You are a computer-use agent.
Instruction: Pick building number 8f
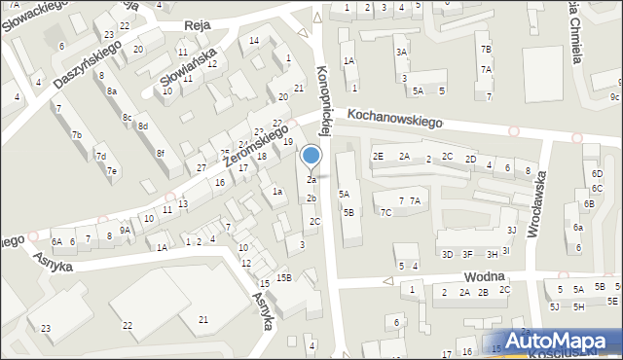point(162,154)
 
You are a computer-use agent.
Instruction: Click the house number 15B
point(283,277)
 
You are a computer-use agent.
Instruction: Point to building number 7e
point(112,171)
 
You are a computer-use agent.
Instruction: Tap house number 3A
point(401,52)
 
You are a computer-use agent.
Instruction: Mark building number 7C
point(386,212)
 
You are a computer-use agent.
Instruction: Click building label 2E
point(378,157)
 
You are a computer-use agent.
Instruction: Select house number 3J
point(511,230)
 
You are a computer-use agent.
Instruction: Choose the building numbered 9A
point(125,230)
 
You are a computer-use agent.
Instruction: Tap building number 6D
point(597,173)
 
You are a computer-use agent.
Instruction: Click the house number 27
point(202,168)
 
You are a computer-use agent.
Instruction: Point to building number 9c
point(614,96)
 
